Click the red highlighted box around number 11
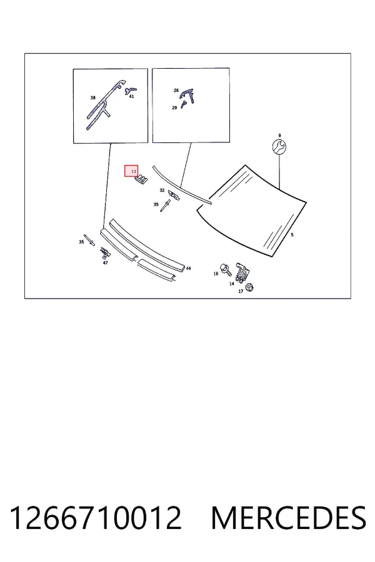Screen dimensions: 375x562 pyautogui.click(x=131, y=171)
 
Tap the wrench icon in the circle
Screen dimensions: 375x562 pyautogui.click(x=279, y=147)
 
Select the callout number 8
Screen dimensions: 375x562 pyautogui.click(x=279, y=136)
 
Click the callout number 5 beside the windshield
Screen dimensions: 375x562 pyautogui.click(x=292, y=235)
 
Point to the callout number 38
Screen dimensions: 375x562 pyautogui.click(x=93, y=97)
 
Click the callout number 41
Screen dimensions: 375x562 pyautogui.click(x=131, y=97)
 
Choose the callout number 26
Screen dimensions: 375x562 pyautogui.click(x=176, y=91)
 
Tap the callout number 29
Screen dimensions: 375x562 pyautogui.click(x=174, y=107)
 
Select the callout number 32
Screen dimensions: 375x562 pyautogui.click(x=162, y=190)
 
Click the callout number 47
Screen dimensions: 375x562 pyautogui.click(x=105, y=263)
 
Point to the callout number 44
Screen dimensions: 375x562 pyautogui.click(x=188, y=268)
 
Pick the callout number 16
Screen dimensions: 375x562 pyautogui.click(x=216, y=274)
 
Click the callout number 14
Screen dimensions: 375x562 pyautogui.click(x=231, y=283)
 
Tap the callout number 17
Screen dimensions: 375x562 pyautogui.click(x=241, y=292)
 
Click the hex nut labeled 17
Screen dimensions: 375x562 pyautogui.click(x=250, y=287)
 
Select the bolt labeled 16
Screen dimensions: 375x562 pyautogui.click(x=226, y=269)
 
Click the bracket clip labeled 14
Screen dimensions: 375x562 pyautogui.click(x=242, y=272)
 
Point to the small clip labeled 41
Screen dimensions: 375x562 pyautogui.click(x=130, y=90)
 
